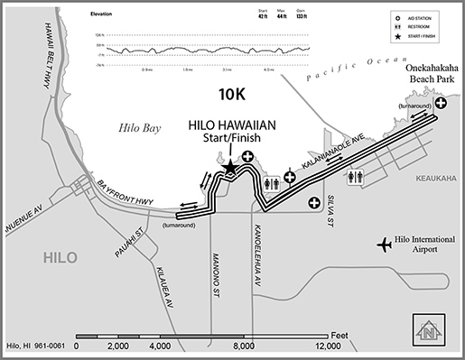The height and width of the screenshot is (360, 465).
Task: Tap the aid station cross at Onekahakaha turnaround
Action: pyautogui.click(x=442, y=104)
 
